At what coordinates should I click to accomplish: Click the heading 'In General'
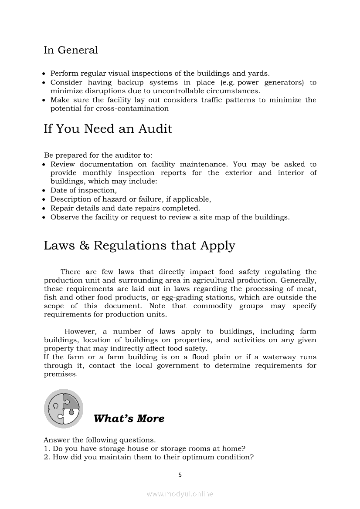click(71, 50)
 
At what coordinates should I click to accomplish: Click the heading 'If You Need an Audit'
click(108, 129)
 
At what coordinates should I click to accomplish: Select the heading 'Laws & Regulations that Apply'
click(139, 246)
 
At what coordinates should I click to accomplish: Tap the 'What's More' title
click(129, 418)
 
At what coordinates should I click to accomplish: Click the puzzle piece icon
click(64, 409)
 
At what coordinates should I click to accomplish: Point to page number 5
click(180, 475)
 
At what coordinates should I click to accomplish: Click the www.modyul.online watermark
click(180, 494)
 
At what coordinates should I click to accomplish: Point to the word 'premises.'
click(61, 374)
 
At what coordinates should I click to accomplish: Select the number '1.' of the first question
click(47, 448)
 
